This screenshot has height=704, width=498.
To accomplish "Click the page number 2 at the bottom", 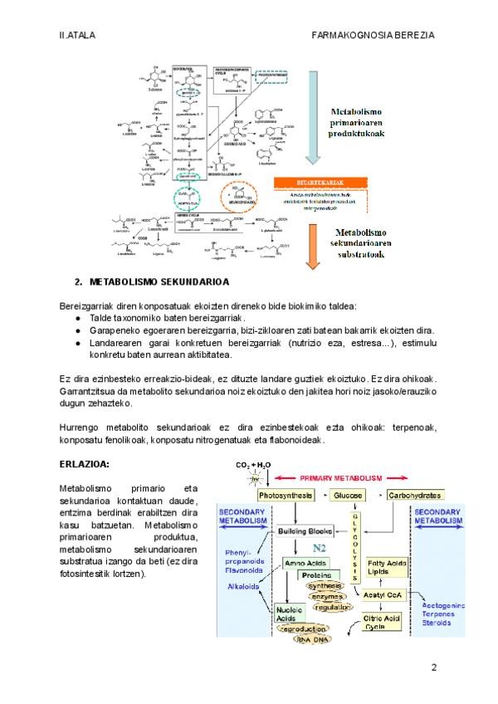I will pyautogui.click(x=433, y=667).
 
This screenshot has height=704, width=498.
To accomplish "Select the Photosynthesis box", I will pyautogui.click(x=285, y=496).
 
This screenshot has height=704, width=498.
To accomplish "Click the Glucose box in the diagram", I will pyautogui.click(x=349, y=496).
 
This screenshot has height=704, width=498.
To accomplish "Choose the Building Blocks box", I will pyautogui.click(x=304, y=530).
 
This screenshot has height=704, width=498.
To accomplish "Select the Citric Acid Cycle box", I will pyautogui.click(x=383, y=622).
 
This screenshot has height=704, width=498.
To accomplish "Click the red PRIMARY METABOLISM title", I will pyautogui.click(x=342, y=478).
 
